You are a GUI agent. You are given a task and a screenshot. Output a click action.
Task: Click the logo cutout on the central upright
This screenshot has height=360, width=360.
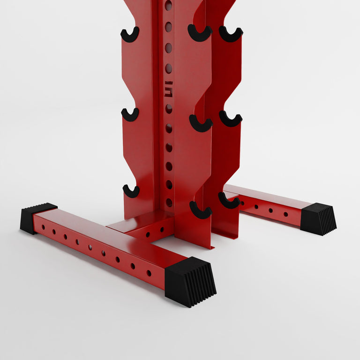(x=168, y=88)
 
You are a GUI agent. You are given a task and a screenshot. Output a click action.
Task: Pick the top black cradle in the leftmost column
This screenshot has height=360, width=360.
(x=130, y=35)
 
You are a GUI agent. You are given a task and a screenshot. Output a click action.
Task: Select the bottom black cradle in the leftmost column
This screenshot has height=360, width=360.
(x=131, y=191)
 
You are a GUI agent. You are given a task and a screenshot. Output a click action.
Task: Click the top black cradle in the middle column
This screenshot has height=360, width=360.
(x=200, y=33)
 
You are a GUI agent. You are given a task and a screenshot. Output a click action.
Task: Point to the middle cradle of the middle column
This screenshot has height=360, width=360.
(x=201, y=124)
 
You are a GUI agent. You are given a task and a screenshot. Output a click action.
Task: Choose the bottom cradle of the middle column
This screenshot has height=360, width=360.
(x=201, y=210)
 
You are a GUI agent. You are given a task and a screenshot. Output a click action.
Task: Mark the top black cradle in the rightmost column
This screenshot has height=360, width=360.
(x=231, y=34)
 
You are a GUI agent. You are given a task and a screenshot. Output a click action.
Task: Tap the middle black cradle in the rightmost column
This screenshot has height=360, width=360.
(x=230, y=119)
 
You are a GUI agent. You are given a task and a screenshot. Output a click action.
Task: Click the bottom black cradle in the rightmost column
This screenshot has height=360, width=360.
(x=228, y=201)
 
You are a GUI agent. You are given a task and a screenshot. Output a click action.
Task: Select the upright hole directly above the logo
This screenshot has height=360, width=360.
(x=169, y=68)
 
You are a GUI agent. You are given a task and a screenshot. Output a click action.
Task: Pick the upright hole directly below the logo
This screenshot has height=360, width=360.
(x=169, y=109)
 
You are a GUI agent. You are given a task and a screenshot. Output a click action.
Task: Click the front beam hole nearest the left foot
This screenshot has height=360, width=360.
(x=43, y=227)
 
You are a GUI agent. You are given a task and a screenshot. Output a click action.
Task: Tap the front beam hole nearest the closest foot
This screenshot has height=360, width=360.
(x=149, y=273)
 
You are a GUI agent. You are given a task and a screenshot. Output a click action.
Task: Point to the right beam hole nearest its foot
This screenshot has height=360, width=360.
(x=286, y=214)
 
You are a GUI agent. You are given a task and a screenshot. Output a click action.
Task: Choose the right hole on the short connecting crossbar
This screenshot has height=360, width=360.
(x=162, y=230)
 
